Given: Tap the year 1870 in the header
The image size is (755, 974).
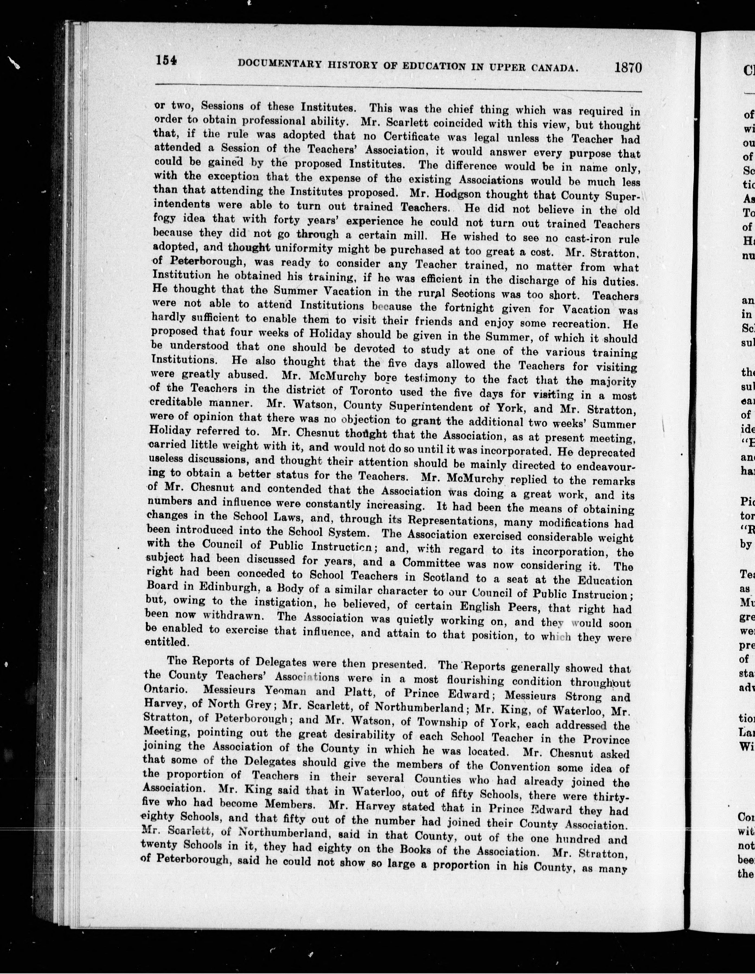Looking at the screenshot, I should [628, 68].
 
